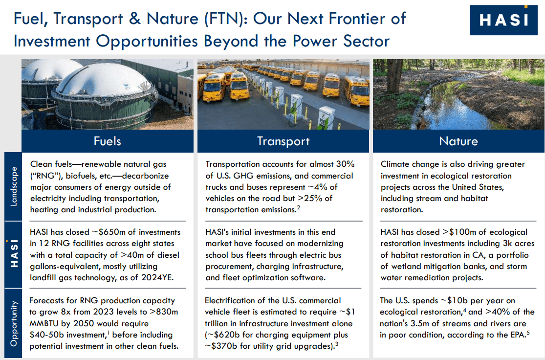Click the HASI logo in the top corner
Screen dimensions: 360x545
(503, 20)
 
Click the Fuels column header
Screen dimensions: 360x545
(107, 141)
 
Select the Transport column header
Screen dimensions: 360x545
(283, 141)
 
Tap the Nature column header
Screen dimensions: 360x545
(458, 141)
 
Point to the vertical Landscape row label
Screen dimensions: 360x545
(13, 186)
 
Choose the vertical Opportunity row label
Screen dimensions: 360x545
(13, 323)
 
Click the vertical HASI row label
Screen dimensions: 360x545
(13, 253)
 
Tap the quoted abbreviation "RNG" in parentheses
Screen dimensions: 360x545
(46, 176)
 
